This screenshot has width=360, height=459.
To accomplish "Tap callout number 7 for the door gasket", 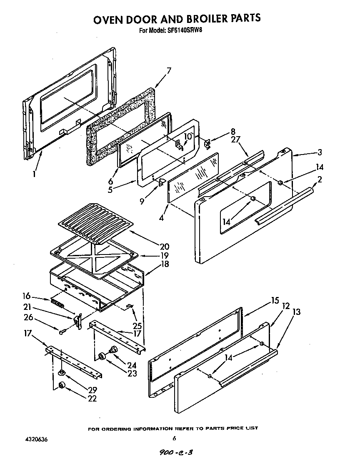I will [x=169, y=70].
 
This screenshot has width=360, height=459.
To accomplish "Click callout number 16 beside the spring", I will [x=27, y=296].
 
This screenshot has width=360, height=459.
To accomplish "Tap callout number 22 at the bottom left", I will [x=92, y=399].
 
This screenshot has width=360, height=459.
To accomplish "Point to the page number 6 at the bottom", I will [x=175, y=438].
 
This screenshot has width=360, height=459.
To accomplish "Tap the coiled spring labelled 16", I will [x=57, y=302].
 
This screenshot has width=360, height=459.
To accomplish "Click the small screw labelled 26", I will [x=62, y=332].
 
